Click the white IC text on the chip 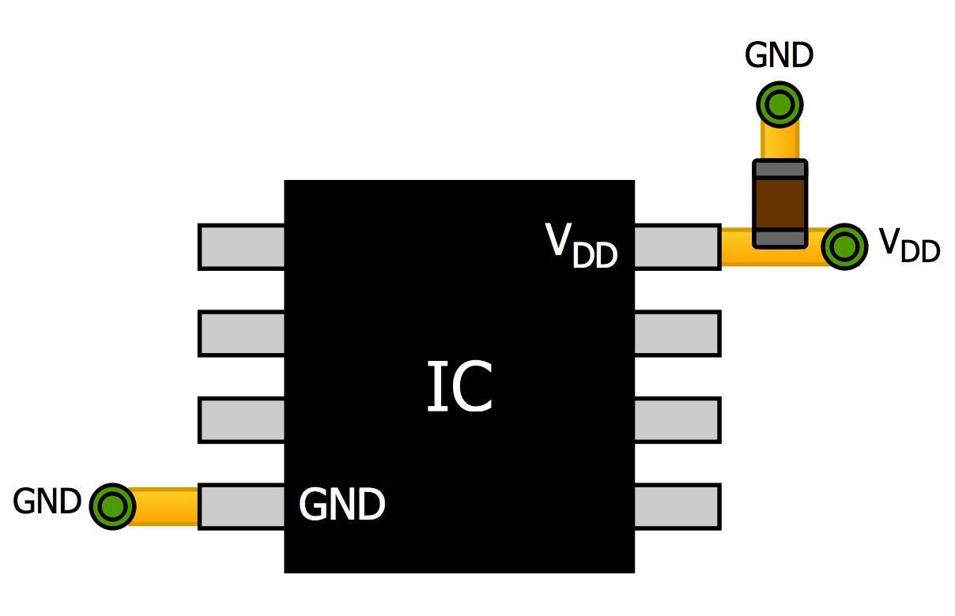coord(460,388)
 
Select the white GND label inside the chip coord(342,504)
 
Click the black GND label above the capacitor coord(779,57)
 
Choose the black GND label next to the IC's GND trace coord(47,501)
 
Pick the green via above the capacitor coord(779,104)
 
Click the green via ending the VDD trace coord(844,247)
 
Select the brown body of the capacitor coord(779,203)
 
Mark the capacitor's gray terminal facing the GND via coord(779,168)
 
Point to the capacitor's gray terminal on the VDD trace coord(779,238)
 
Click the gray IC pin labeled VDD coord(677,247)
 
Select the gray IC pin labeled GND coord(241,506)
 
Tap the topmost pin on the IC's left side coord(241,247)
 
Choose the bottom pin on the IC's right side coord(677,506)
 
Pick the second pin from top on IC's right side coord(677,333)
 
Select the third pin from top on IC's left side coord(241,420)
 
